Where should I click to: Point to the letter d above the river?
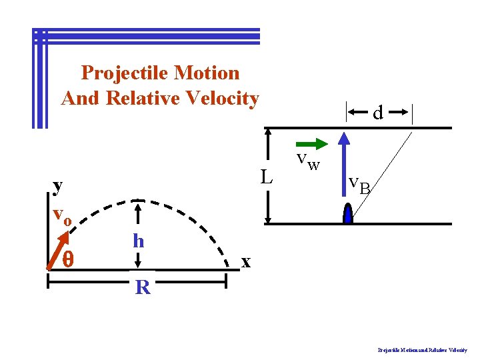378,113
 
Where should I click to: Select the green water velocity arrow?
311,143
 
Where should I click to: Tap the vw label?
308,161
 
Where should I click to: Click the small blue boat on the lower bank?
347,214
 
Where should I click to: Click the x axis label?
246,262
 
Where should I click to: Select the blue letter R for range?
142,288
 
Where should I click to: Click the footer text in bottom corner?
422,349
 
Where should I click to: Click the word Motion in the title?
207,72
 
